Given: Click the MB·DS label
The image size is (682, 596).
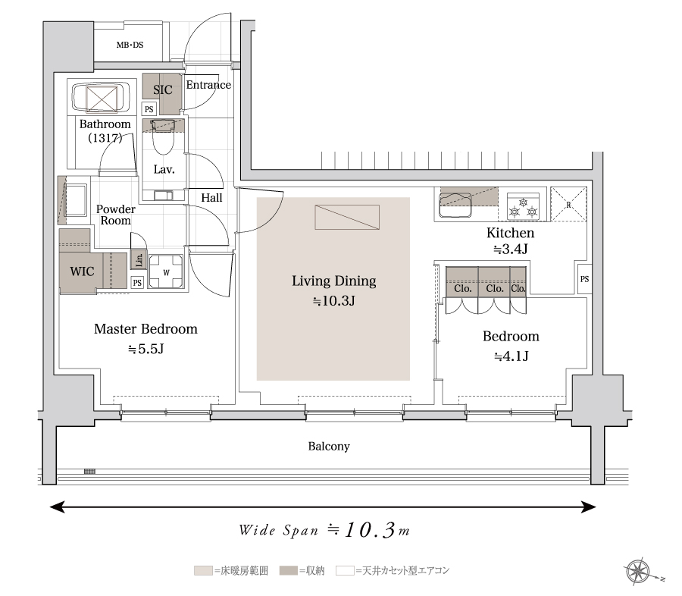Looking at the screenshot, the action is click(x=130, y=45).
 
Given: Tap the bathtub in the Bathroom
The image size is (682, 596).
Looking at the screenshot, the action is click(x=102, y=98).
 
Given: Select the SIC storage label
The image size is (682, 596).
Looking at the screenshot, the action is click(x=163, y=89).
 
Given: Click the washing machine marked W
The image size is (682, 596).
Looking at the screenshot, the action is click(x=166, y=272).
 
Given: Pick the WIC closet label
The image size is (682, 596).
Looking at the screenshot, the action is click(x=82, y=271).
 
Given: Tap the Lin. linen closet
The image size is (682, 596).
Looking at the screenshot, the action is click(x=139, y=260).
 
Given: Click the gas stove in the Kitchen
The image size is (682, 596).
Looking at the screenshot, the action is click(x=523, y=206).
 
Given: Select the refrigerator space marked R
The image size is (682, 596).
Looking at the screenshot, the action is click(x=568, y=204).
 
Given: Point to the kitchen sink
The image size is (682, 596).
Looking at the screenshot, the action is click(x=455, y=205).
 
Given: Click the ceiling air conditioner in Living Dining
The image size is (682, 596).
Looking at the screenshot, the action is click(x=347, y=217).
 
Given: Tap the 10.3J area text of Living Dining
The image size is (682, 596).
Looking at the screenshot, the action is click(x=334, y=301).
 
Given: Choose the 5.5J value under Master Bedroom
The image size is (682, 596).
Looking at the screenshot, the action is click(x=146, y=349).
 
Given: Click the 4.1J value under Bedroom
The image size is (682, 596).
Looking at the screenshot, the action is click(x=511, y=356).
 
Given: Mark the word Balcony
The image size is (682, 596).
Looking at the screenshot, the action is click(x=329, y=446).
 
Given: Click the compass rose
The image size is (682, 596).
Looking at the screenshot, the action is click(x=639, y=572).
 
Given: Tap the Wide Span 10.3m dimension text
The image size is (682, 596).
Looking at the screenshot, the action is click(x=324, y=530).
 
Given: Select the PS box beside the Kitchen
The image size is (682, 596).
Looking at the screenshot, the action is click(x=584, y=278).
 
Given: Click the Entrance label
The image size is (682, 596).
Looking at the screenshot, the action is click(x=208, y=85).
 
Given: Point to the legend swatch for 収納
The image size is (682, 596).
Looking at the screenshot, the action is click(x=288, y=570).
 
